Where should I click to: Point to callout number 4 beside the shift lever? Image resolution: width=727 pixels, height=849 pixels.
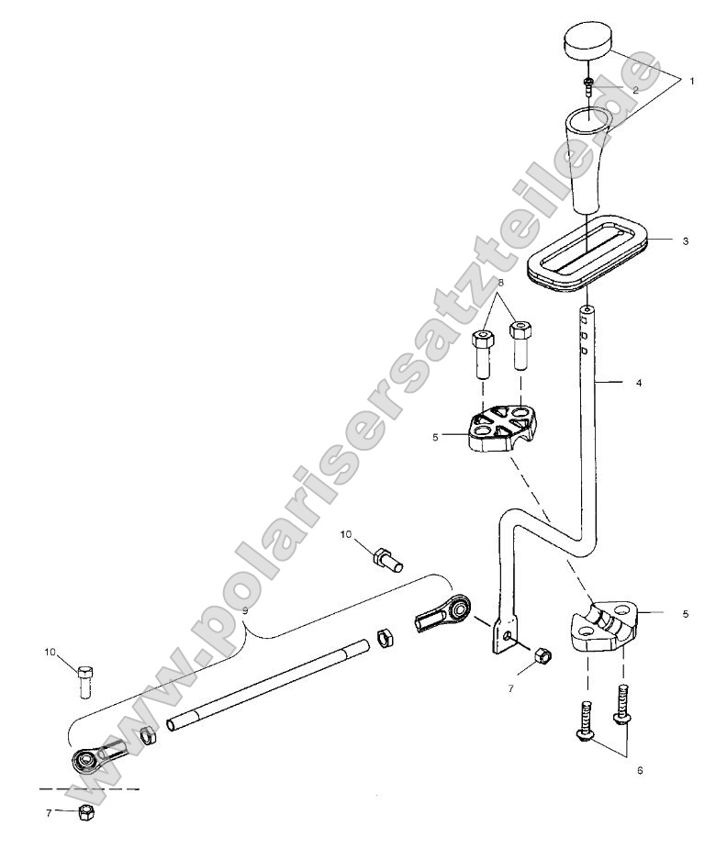point(639,382)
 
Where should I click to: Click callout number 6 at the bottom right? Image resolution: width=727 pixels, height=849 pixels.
point(640,769)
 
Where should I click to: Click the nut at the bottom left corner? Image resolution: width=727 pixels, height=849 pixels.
point(84,811)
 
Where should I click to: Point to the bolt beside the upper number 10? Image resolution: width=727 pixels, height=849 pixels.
point(386,558)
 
